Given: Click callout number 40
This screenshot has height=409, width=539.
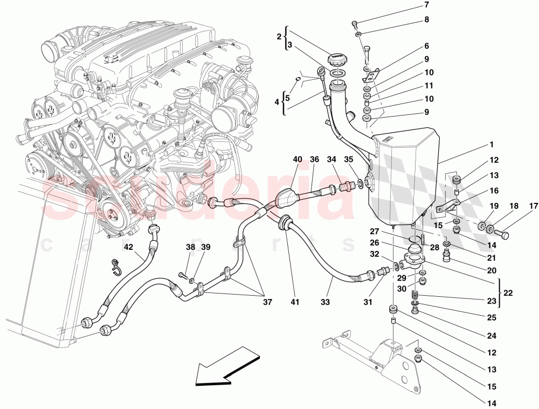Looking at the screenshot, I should coord(298,159).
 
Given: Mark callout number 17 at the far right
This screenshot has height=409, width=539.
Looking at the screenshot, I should coord(533,206).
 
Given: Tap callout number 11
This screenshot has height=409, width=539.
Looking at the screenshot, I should coord(429,85).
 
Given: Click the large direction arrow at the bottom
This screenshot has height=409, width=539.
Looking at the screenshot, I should coord(226,367).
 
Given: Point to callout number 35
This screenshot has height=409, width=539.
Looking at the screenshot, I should coord(349,159).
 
